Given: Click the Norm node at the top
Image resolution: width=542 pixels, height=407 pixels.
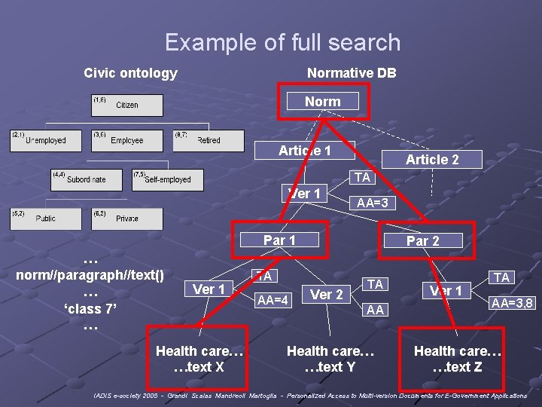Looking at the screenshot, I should coord(322,102).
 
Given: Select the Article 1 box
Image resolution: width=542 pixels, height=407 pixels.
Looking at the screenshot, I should coord(305,151).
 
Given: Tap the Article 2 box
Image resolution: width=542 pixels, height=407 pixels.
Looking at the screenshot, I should coord(432,159).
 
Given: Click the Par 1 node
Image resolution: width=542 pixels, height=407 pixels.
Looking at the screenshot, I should coord(279,240).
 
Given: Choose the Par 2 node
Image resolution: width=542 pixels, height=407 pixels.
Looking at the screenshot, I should coord(422,241).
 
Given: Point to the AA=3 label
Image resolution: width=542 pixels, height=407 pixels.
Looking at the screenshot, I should coord(372,203).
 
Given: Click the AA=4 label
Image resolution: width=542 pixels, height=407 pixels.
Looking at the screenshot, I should coord(273,299).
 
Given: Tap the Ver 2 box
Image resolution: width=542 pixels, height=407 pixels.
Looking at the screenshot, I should coord(327,295).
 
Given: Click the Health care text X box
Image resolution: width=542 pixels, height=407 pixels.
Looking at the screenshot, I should coord(199,359).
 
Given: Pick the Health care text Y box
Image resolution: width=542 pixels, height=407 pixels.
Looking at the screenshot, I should coord(330,359).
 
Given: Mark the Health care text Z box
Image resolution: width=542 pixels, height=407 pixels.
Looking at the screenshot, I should coord(458,359).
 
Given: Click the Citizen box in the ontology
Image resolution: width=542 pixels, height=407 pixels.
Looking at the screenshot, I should coord(126,106).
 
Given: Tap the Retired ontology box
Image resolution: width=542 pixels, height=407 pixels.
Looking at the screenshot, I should coord(209,140).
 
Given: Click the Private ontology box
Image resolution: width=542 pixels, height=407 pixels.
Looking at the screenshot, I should coord(126,218).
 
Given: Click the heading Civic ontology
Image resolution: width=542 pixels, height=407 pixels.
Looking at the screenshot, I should coord(130,73).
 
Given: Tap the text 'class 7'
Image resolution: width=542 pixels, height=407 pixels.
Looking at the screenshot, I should coord(90,308).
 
